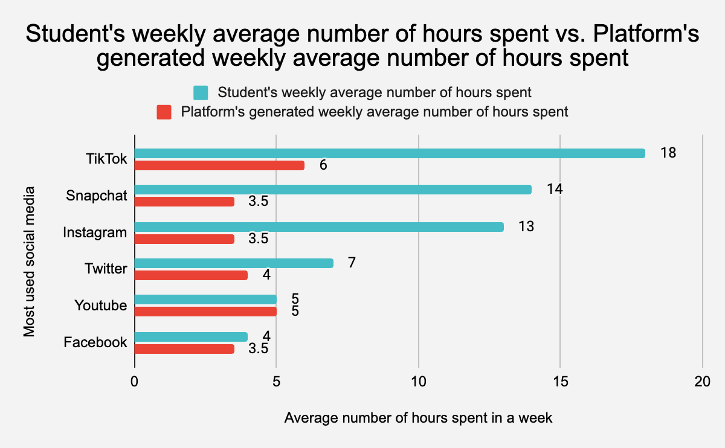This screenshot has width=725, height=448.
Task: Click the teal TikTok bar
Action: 390,153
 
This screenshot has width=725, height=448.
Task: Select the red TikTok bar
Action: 219,165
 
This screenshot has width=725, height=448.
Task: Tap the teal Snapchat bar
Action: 333,190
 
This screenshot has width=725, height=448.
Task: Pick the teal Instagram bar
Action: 319,227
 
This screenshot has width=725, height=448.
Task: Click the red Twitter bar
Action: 191,275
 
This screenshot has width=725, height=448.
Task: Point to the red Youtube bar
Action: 205,312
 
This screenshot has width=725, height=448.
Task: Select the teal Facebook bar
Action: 191,336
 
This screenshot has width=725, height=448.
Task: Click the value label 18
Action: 668,153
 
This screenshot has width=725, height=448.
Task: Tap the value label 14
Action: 555,189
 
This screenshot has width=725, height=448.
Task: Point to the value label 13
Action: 526,226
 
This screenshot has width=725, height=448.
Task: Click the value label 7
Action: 352,263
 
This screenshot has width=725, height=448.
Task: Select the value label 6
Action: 323,165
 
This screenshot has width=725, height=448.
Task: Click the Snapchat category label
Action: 97,196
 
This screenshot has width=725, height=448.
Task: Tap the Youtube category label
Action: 100,306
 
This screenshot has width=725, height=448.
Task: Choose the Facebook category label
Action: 95,342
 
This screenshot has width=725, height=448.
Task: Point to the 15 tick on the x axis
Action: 560,382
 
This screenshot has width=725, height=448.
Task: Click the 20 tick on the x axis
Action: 702,382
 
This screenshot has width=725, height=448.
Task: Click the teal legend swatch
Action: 201,93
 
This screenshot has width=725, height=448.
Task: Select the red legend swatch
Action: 164,112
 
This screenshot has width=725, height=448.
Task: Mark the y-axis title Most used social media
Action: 29,261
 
